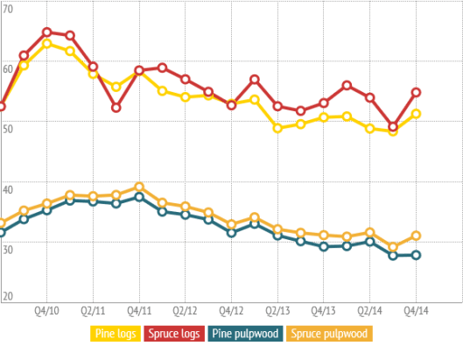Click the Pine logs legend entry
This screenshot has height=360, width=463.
116,333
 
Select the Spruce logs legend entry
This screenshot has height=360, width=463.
175,333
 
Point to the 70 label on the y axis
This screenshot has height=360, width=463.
8,9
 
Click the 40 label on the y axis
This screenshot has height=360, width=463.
8,189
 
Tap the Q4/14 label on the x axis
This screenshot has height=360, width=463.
417,310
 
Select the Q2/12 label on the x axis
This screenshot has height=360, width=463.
186,310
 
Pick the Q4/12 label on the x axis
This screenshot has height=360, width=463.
232,310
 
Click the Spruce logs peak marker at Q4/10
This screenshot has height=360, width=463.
47,33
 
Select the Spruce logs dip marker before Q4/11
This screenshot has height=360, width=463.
116,108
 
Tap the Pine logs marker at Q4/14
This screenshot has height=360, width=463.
417,114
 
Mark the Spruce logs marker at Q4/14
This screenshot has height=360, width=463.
417,93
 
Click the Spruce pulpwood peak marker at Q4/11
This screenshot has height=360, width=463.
139,187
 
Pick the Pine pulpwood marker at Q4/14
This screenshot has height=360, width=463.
417,255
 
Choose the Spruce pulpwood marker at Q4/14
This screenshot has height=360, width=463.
417,236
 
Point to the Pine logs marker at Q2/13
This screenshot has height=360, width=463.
277,128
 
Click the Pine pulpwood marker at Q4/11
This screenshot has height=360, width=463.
139,197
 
